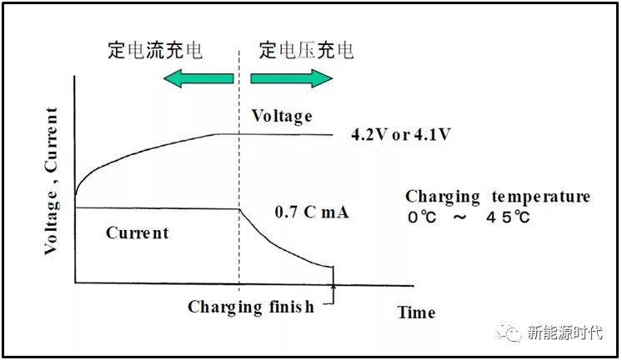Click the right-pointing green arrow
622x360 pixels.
click(292, 79)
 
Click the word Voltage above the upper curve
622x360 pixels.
click(282, 116)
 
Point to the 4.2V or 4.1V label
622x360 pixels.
click(400, 134)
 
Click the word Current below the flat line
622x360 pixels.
click(137, 232)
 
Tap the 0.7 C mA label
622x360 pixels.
click(311, 212)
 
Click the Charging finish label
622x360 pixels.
click(251, 307)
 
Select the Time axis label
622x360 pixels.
click(416, 312)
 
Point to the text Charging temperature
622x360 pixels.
click(497, 197)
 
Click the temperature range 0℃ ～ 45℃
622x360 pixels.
click(468, 217)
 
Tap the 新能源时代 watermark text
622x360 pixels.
click(564, 332)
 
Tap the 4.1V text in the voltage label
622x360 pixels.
click(431, 134)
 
